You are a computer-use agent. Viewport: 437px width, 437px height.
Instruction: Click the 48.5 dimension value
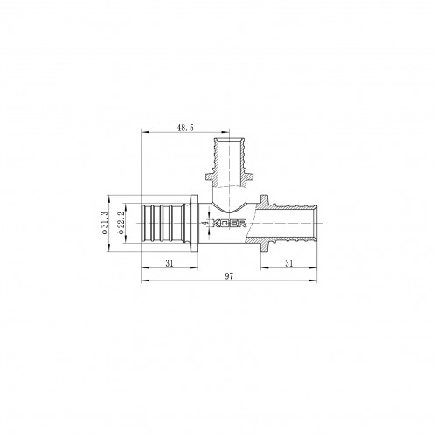point(185,128)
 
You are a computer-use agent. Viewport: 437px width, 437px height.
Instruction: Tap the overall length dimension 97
point(229,276)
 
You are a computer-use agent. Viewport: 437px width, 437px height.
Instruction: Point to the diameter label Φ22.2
point(121,223)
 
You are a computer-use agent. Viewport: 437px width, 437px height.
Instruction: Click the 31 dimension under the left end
point(170,263)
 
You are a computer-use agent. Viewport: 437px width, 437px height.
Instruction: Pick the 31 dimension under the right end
point(288,263)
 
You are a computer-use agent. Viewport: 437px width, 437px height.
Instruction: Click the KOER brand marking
point(229,224)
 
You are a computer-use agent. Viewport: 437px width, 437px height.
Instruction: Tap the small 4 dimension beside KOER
point(205,223)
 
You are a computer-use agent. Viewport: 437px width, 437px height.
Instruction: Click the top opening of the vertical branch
point(230,139)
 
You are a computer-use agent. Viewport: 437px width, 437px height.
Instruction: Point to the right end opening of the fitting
point(316,224)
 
